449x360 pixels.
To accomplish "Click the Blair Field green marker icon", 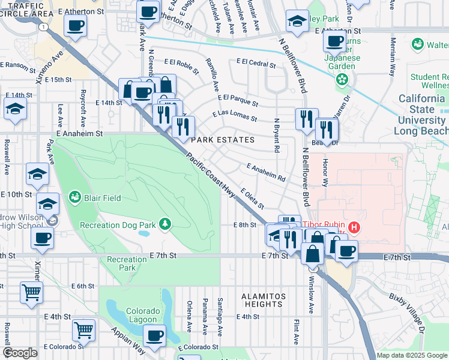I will point(76,197).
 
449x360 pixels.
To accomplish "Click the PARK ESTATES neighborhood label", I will point(223,140).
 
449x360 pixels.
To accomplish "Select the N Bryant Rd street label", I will point(277,135).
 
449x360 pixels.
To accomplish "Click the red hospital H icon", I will point(355,227).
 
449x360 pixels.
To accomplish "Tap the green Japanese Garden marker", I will point(342,79).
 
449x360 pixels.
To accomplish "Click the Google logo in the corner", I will point(20,353).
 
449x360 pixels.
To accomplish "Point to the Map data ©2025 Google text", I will point(412,355).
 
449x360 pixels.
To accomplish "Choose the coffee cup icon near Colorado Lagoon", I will point(155,335).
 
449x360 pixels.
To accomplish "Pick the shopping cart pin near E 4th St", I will point(83,329).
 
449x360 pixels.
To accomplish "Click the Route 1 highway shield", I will point(43,28).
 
